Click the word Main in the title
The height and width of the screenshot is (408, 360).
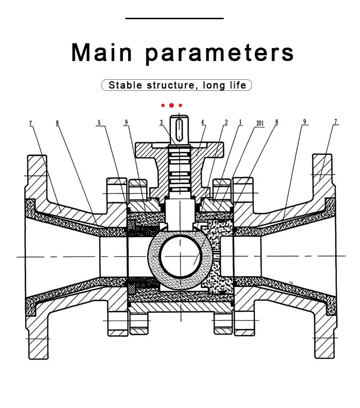[102, 52]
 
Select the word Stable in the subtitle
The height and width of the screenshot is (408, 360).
[125, 85]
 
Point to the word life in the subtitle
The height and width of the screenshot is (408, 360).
[238, 85]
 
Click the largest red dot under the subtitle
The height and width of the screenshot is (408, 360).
[171, 105]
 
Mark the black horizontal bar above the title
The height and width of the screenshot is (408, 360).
[174, 18]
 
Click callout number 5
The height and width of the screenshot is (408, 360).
[99, 123]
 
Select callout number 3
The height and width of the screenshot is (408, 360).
[161, 122]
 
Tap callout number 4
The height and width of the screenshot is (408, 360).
[203, 122]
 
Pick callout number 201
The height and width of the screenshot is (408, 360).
[260, 123]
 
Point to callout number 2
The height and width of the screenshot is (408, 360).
[226, 122]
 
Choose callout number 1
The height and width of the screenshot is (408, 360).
[240, 122]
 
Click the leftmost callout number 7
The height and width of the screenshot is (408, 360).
[31, 123]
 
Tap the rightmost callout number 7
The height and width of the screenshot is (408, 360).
[336, 122]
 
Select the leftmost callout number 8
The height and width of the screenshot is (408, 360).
[58, 123]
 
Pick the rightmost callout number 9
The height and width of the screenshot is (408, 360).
[305, 122]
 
